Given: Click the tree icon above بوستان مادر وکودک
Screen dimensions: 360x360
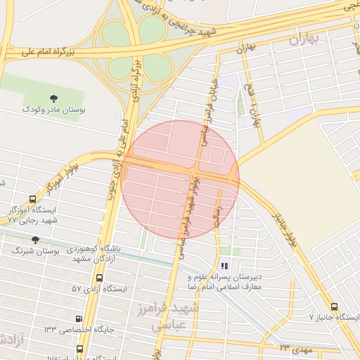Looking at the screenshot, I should (53, 98).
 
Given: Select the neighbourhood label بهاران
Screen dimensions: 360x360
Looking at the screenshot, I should (302, 39).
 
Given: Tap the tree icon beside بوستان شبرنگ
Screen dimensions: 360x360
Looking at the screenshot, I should (36, 240).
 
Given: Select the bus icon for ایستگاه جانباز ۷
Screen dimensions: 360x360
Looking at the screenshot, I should (334, 307).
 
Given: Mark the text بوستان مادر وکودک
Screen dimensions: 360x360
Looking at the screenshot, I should (53, 110).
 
